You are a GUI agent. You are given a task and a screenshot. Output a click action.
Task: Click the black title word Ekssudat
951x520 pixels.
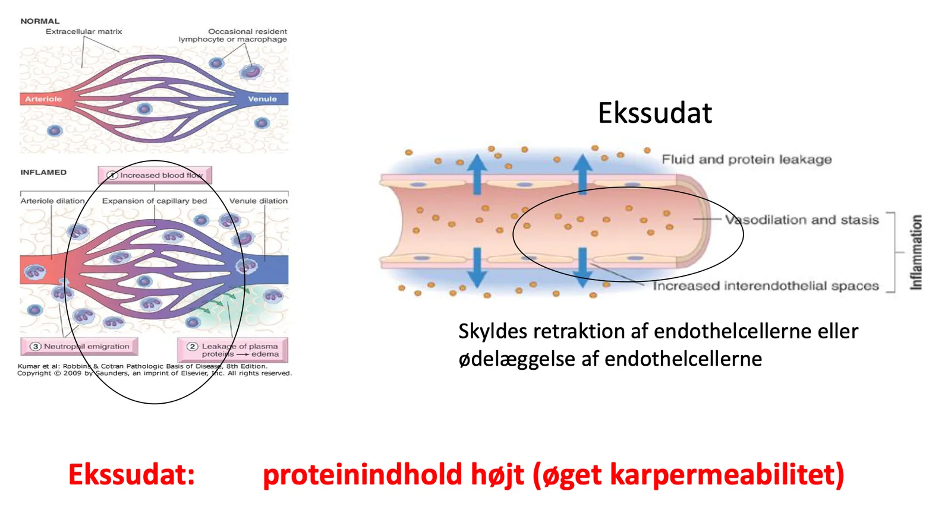tap(654, 113)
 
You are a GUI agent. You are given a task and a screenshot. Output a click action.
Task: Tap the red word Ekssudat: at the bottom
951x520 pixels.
tap(131, 474)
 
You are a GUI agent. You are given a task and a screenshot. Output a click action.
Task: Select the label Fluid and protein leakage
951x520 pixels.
tap(747, 160)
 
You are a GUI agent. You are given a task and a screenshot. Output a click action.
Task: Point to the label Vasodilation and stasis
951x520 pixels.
tap(802, 220)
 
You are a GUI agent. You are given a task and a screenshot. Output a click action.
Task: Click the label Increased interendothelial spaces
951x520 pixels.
tap(766, 286)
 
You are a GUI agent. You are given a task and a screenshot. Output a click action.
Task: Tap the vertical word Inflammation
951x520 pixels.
tap(916, 252)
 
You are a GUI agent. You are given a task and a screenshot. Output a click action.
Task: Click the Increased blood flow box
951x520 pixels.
tap(155, 175)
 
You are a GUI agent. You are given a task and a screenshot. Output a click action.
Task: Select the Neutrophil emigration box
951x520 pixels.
tap(80, 346)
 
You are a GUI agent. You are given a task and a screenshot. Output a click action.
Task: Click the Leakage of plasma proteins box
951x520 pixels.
tap(232, 350)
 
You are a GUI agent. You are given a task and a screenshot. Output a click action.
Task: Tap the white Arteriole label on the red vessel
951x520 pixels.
tap(43, 99)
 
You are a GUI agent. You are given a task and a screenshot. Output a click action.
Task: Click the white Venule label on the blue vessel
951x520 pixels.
tap(262, 99)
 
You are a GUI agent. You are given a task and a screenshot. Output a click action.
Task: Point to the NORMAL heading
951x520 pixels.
tap(40, 21)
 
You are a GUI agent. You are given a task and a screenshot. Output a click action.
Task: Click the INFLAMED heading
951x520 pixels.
tap(43, 172)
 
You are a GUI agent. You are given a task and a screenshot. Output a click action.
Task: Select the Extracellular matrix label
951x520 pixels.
tap(84, 31)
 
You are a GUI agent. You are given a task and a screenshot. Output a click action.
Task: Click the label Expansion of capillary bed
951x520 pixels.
tap(155, 201)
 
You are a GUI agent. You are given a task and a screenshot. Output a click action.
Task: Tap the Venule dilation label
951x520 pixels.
tap(259, 201)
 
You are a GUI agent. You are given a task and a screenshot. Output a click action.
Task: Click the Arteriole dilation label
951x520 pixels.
tap(53, 201)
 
